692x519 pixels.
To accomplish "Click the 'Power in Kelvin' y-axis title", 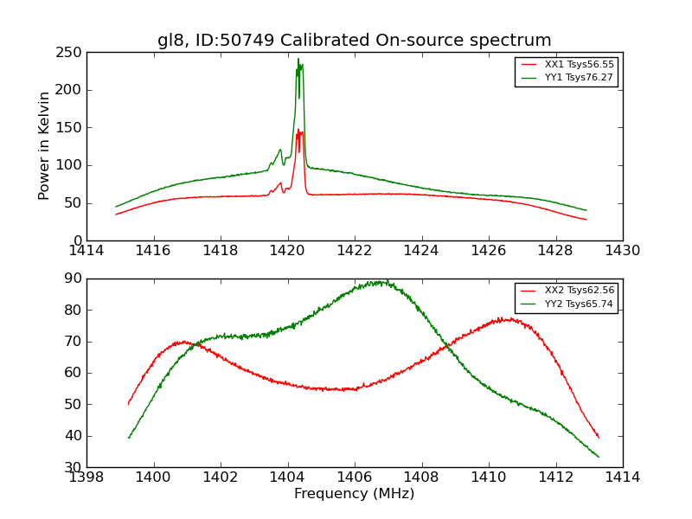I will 44,146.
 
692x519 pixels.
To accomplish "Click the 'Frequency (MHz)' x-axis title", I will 354,494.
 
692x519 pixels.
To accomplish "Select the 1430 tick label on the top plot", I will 622,251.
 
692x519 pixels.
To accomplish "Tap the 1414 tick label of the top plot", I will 87,251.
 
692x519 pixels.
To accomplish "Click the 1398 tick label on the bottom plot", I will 87,477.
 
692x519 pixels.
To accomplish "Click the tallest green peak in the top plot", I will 298,60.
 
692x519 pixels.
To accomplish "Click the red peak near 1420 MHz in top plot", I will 299,131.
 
